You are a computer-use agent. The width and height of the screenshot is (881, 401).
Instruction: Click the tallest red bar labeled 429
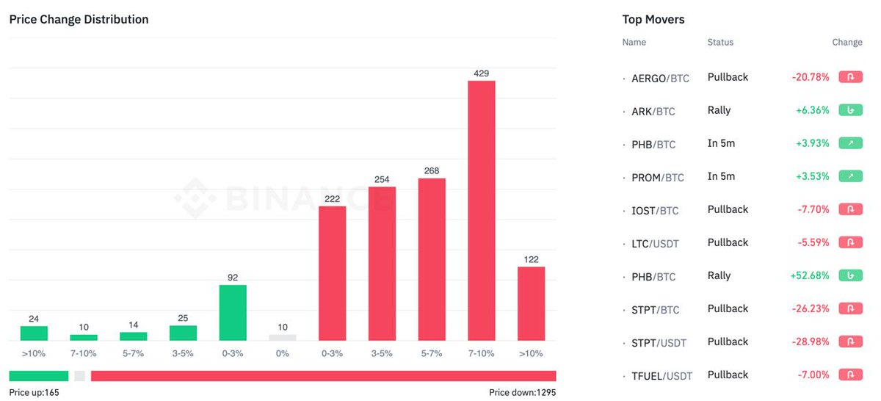[482, 210]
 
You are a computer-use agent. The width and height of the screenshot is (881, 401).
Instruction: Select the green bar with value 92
[233, 312]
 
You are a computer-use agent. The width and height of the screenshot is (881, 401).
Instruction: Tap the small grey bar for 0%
[283, 337]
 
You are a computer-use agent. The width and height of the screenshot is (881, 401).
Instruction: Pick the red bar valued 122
[531, 303]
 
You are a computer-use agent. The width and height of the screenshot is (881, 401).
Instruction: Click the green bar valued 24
[34, 333]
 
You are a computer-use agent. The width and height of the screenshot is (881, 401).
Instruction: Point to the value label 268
[432, 170]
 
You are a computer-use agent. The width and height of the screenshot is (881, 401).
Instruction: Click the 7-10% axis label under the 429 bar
[482, 353]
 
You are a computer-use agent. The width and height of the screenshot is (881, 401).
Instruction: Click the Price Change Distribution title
[79, 19]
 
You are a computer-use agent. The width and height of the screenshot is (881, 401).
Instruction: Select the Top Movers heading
[653, 19]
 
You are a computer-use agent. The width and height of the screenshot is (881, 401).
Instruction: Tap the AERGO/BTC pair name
[660, 78]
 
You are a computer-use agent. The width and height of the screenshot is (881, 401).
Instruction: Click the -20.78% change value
[811, 77]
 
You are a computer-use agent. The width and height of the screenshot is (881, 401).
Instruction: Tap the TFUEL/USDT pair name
[662, 376]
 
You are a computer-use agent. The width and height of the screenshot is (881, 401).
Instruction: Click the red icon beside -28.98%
[850, 342]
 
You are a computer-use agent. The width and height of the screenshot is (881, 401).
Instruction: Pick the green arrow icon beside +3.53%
[850, 176]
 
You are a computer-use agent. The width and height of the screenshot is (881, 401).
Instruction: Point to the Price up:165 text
[34, 392]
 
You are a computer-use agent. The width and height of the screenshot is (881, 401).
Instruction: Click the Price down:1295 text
[522, 392]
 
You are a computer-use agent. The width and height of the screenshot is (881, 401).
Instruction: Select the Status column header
[720, 42]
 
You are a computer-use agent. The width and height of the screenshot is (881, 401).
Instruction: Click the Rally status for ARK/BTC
[719, 110]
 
